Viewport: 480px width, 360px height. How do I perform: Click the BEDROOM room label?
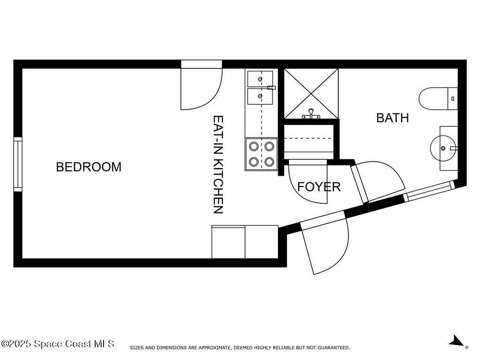[x=89, y=167]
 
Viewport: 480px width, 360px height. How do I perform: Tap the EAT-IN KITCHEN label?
[x=218, y=165]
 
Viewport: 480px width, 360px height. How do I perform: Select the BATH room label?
[x=392, y=118]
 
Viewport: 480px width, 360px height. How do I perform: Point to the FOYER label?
[x=319, y=187]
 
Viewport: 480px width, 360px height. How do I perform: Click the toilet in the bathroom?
[x=438, y=98]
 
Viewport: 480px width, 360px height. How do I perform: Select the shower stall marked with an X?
[x=311, y=94]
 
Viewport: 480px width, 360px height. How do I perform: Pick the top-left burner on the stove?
[x=254, y=146]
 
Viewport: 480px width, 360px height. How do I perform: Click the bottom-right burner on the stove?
[x=269, y=161]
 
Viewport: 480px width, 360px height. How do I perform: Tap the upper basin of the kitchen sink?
[x=260, y=79]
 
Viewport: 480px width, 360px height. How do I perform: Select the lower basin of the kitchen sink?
[x=260, y=96]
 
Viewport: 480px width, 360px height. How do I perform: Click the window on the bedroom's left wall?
[x=18, y=165]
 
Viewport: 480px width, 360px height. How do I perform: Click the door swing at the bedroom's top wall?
[x=201, y=85]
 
